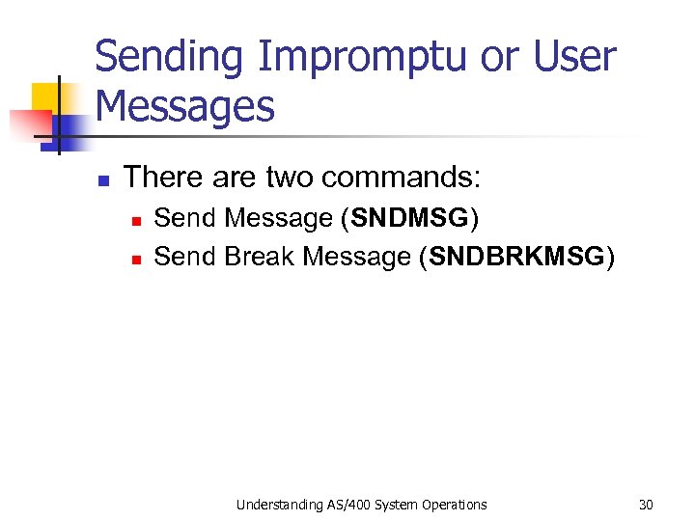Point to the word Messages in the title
pyautogui.click(x=185, y=106)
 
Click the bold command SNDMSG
pyautogui.click(x=409, y=219)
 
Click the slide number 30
pyautogui.click(x=646, y=504)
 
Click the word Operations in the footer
pyautogui.click(x=452, y=504)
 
